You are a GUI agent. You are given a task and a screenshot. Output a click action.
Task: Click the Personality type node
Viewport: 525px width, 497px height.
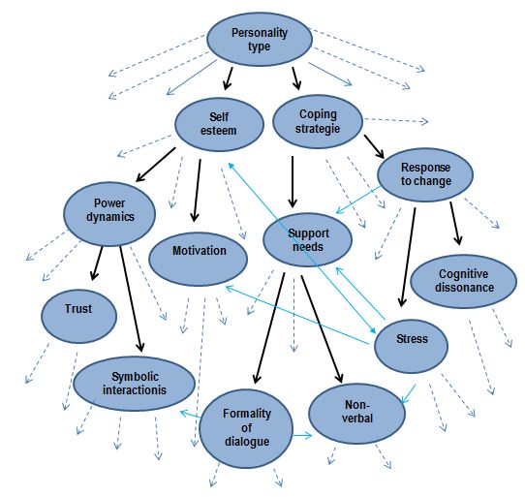pyautogui.click(x=260, y=39)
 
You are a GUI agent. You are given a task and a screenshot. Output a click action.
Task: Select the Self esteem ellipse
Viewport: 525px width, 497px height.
pyautogui.click(x=219, y=124)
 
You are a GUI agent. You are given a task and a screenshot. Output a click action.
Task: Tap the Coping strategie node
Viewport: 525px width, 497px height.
pyautogui.click(x=318, y=121)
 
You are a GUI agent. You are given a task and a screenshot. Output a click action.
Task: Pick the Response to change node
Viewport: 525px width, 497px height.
pyautogui.click(x=425, y=174)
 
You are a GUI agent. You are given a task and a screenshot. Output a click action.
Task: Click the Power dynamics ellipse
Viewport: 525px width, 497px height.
pyautogui.click(x=109, y=214)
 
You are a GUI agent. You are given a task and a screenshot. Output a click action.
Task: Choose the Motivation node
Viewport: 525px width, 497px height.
pyautogui.click(x=199, y=259)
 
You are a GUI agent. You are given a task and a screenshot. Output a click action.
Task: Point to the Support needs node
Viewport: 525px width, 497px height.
pyautogui.click(x=307, y=240)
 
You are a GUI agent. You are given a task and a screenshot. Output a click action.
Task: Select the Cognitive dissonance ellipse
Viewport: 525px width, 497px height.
pyautogui.click(x=463, y=281)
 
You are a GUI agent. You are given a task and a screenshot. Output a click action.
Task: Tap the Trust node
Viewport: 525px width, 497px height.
pyautogui.click(x=79, y=316)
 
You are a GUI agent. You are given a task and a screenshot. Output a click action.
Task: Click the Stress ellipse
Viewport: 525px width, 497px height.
pyautogui.click(x=411, y=346)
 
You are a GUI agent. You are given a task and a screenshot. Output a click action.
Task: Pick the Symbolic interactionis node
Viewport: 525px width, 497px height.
pyautogui.click(x=134, y=384)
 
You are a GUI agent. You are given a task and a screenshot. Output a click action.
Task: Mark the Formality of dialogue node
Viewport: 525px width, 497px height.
pyautogui.click(x=246, y=428)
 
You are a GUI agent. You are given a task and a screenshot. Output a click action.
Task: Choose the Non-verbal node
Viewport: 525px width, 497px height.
pyautogui.click(x=356, y=414)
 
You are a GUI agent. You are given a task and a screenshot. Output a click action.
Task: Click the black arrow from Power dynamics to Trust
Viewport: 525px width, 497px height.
pyautogui.click(x=97, y=264)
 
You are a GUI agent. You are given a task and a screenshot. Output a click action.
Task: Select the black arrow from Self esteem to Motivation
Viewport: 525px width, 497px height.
pyautogui.click(x=197, y=190)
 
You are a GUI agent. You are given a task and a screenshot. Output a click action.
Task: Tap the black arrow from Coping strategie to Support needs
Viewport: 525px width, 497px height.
pyautogui.click(x=293, y=182)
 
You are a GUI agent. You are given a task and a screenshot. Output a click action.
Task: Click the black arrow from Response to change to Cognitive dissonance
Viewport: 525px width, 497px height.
pyautogui.click(x=455, y=223)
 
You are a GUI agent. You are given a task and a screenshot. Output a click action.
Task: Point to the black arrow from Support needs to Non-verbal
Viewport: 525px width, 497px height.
pyautogui.click(x=322, y=329)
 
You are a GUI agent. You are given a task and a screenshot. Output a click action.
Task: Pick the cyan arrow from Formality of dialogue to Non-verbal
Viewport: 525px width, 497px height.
pyautogui.click(x=302, y=435)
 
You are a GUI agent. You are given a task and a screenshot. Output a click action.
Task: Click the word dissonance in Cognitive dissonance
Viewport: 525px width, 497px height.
pyautogui.click(x=464, y=288)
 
